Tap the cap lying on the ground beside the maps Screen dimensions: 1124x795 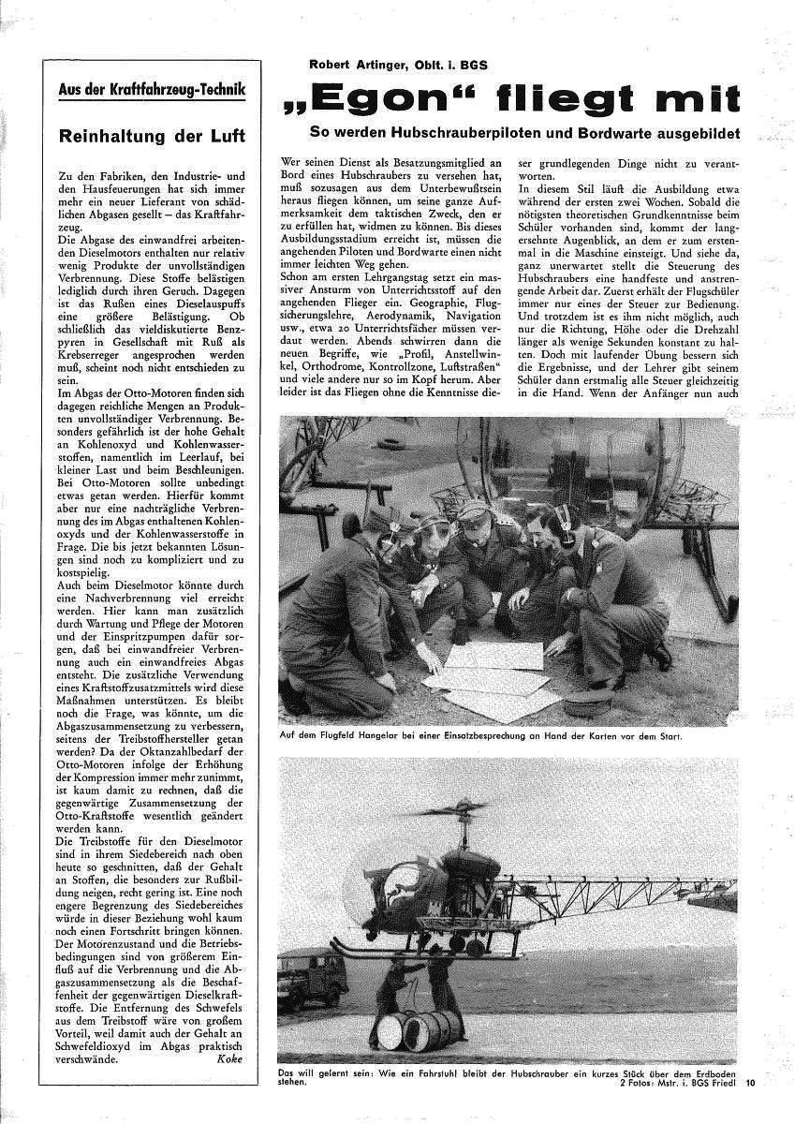(588, 700)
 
